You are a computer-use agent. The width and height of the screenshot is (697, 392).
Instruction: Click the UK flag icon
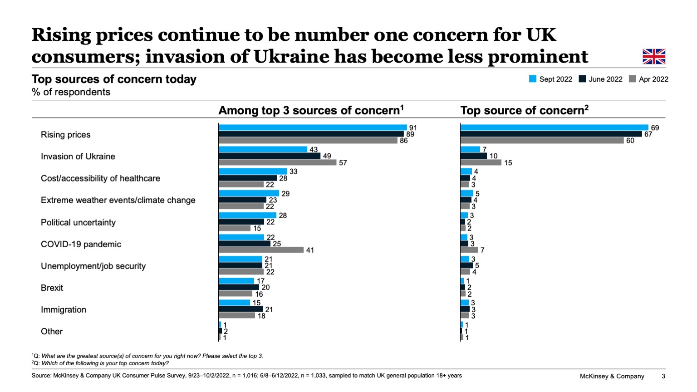654,57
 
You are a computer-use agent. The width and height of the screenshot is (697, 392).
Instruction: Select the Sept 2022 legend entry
551,79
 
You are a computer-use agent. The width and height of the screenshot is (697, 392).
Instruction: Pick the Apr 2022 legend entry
649,79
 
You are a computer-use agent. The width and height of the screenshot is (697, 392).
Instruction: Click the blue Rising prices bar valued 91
312,127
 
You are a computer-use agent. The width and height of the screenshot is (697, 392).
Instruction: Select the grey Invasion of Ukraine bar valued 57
277,162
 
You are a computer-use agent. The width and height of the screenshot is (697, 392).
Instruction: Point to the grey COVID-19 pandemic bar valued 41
261,250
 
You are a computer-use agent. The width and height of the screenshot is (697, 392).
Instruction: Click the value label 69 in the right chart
655,128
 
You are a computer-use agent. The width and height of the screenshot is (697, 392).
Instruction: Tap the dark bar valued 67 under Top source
551,134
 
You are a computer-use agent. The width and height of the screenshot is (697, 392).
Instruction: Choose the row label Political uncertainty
78,222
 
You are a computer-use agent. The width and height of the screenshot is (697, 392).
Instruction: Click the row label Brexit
52,288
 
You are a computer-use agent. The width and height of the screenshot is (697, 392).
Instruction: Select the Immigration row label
64,309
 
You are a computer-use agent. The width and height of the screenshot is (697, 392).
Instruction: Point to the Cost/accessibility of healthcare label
100,178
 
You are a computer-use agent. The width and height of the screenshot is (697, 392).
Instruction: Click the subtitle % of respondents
71,92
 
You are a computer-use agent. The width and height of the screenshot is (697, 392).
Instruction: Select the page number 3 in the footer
663,376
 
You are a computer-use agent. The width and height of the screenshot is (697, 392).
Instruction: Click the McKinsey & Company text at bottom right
612,376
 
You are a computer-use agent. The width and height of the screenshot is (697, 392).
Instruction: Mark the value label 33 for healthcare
294,171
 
